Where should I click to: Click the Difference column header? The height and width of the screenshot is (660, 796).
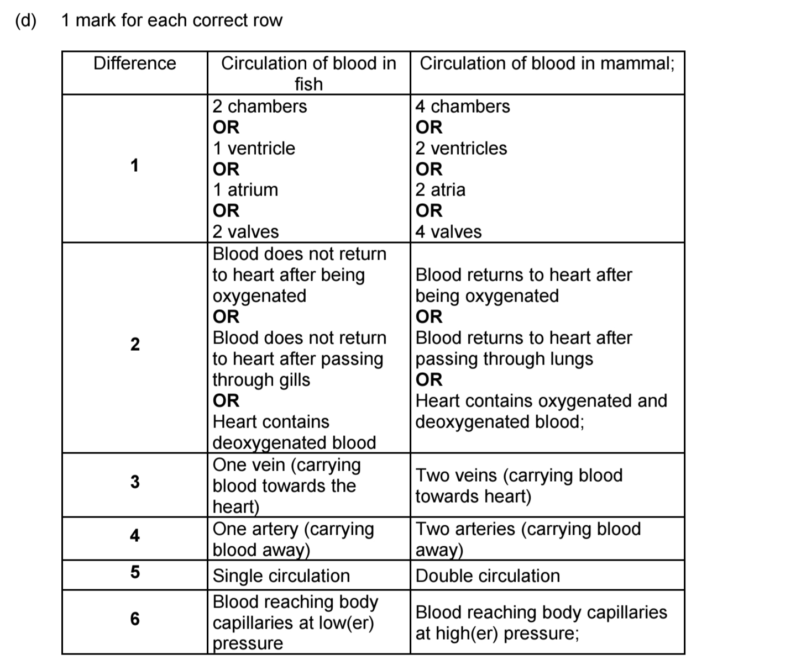coord(134,64)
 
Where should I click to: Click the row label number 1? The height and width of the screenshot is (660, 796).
coord(134,166)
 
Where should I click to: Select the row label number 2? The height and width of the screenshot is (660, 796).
coord(135,345)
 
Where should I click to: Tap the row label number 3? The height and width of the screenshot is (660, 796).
coord(135,482)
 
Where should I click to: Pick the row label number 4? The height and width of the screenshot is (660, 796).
coord(135,535)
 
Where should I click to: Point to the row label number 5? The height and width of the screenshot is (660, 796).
coord(135,572)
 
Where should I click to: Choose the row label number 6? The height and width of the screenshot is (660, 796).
coord(135,619)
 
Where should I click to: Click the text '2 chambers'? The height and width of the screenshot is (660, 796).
coord(260,106)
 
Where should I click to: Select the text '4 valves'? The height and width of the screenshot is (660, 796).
coord(448,231)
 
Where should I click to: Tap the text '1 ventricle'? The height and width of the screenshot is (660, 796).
coord(254,148)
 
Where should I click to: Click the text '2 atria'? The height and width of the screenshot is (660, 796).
coord(441,189)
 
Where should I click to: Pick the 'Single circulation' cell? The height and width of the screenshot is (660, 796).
coord(281,575)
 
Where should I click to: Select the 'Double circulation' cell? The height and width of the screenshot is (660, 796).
coord(488,575)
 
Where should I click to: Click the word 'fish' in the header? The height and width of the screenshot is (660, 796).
coord(308,84)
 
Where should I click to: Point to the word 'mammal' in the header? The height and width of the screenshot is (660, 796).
coord(635,64)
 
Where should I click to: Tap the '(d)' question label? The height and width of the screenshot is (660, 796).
coord(25,20)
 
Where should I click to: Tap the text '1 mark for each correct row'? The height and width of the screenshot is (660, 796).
coord(172,20)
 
